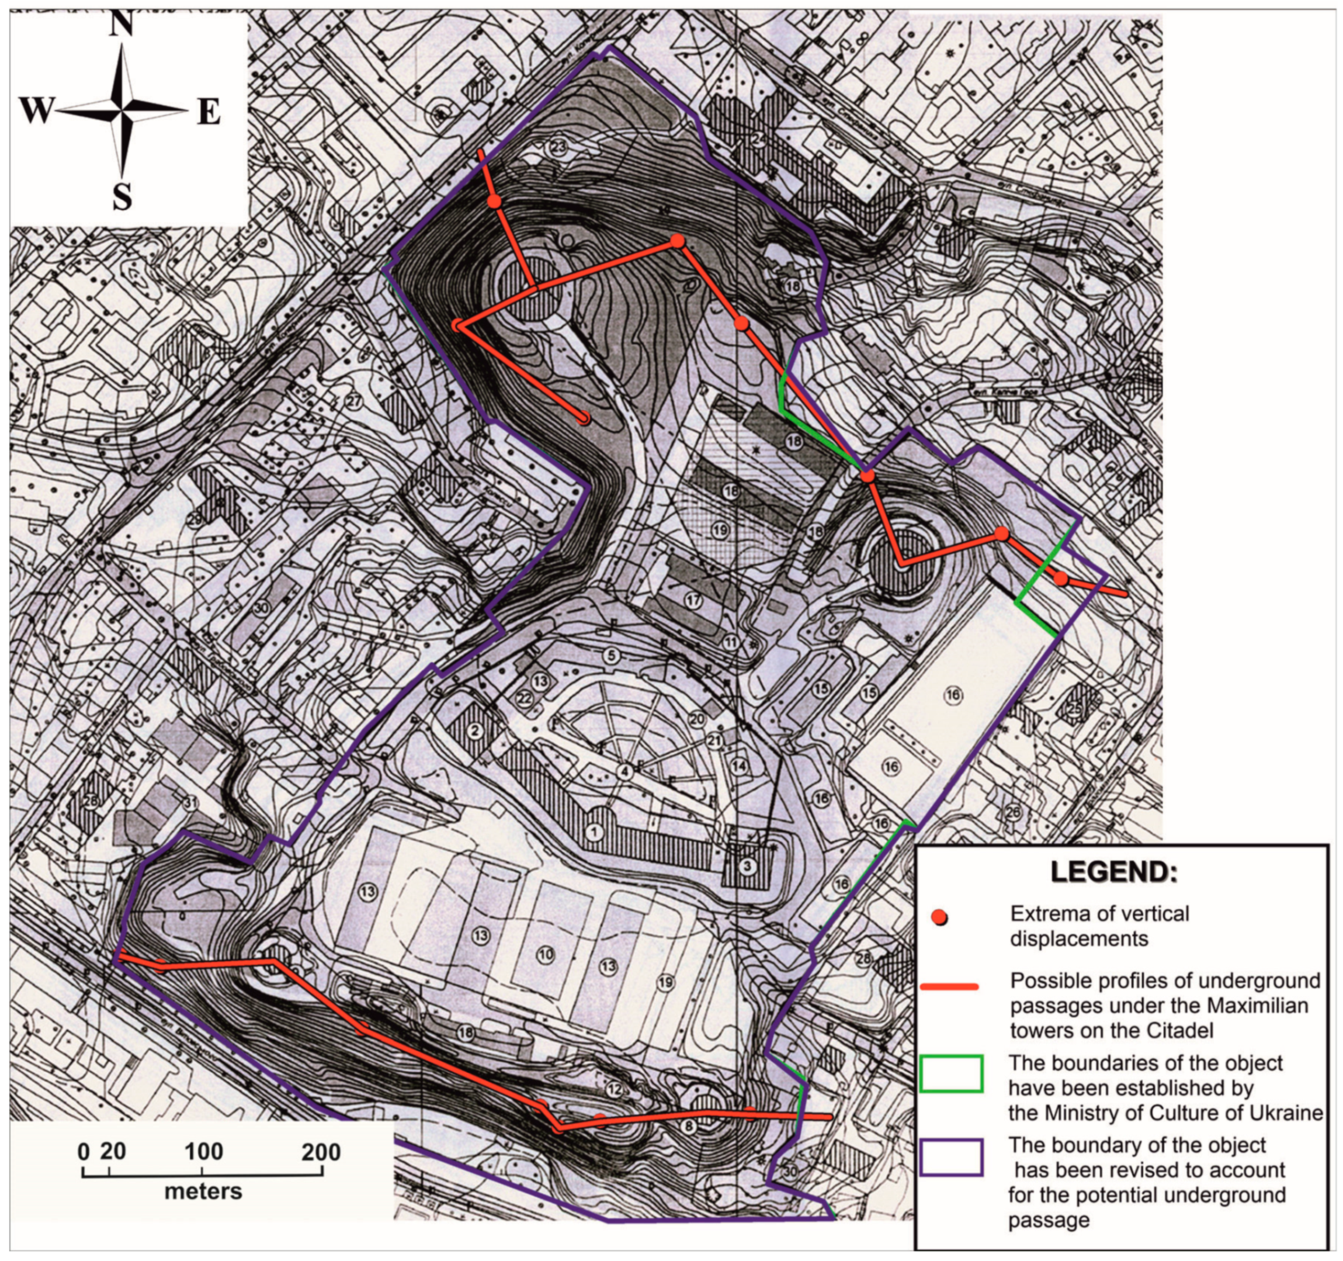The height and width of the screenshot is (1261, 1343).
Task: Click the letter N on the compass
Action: (122, 25)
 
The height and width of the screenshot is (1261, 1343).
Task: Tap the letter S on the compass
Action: (122, 198)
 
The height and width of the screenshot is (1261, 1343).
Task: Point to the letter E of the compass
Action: (209, 112)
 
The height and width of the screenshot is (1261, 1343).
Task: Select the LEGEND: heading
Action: (1113, 872)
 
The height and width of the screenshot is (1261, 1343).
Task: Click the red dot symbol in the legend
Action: (938, 917)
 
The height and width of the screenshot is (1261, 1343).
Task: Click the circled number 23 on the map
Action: (558, 147)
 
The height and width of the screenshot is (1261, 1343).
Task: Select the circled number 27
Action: (354, 401)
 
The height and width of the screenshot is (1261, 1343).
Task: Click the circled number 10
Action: (545, 954)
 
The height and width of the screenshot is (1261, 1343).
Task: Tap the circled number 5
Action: (610, 655)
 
